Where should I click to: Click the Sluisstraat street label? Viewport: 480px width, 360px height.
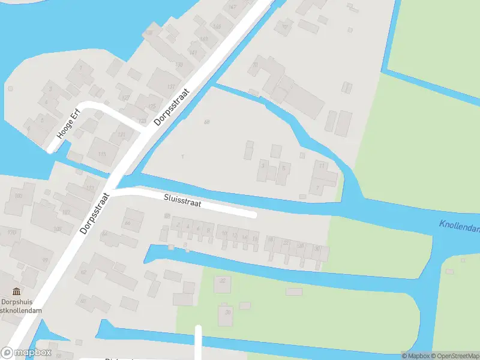[x=183, y=201]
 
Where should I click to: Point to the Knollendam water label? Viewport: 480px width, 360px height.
[x=459, y=227]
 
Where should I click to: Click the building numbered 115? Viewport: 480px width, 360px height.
[x=101, y=154]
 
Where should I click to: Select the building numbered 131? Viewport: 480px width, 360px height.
[x=179, y=64]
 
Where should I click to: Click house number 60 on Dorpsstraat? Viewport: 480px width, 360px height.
[x=83, y=301]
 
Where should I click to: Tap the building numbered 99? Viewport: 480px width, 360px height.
[x=45, y=259]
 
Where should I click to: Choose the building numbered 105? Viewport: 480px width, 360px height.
[x=58, y=229]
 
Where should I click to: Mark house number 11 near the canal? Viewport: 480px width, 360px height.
[x=322, y=165]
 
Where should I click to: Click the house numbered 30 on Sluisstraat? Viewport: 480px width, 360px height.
[x=317, y=248]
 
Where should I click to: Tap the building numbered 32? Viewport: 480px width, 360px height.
[x=223, y=280]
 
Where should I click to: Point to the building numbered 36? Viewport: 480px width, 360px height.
[x=226, y=311]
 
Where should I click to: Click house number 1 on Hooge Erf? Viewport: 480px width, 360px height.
[x=81, y=68]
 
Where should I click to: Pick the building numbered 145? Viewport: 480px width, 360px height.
[x=217, y=26]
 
